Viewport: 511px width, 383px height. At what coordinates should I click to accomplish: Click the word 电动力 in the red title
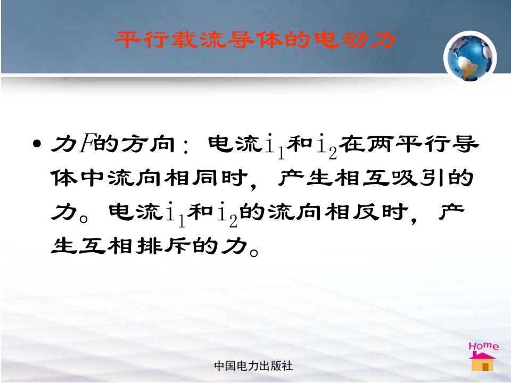pyautogui.click(x=355, y=40)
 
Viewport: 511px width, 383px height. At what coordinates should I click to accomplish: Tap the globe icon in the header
pyautogui.click(x=470, y=57)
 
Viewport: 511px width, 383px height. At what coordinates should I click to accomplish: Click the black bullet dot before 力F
pyautogui.click(x=37, y=144)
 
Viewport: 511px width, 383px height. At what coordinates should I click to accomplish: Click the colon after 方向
pyautogui.click(x=186, y=147)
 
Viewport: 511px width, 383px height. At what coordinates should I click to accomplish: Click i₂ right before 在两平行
pyautogui.click(x=327, y=146)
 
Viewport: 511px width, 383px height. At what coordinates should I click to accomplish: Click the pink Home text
pyautogui.click(x=484, y=346)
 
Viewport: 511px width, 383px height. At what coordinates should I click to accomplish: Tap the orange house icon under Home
pyautogui.click(x=483, y=362)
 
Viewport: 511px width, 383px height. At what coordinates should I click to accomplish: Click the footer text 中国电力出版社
pyautogui.click(x=253, y=366)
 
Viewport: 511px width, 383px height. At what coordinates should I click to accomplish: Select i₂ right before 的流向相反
pyautogui.click(x=228, y=214)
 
